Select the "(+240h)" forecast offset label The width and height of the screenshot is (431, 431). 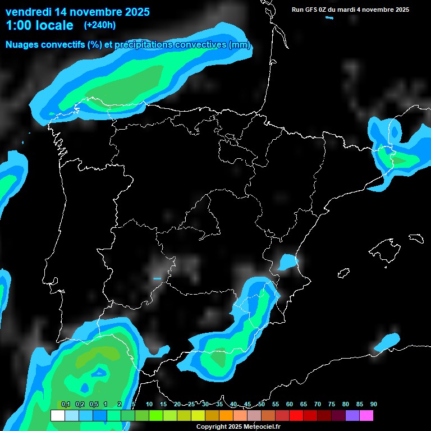(x=99, y=25)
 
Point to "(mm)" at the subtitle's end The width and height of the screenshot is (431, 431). (x=240, y=45)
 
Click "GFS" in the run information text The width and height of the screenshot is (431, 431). (x=315, y=10)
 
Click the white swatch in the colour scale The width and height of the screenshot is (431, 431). (x=57, y=416)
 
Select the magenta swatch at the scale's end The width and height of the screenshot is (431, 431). (x=366, y=416)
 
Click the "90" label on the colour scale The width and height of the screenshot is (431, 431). (x=374, y=404)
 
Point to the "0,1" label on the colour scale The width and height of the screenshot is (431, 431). (x=66, y=404)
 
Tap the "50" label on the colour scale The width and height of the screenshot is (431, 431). (x=262, y=404)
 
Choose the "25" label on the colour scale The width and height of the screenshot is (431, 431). (x=191, y=404)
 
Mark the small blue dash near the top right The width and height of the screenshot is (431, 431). (x=329, y=17)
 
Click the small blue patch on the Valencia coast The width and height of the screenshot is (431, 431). (x=288, y=262)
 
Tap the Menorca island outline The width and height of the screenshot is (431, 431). (x=416, y=239)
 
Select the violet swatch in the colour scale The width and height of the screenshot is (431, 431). (x=352, y=416)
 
